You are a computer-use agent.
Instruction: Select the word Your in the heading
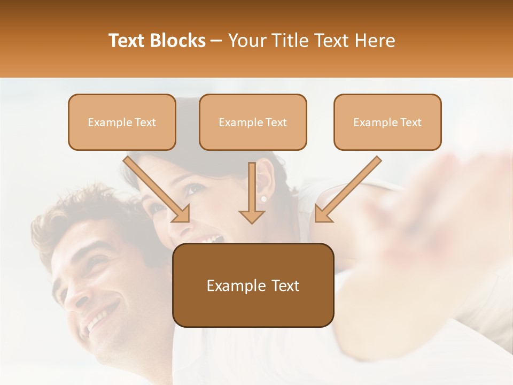tap(247, 41)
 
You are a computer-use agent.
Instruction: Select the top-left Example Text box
tap(122, 122)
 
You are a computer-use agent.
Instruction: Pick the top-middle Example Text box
tap(253, 122)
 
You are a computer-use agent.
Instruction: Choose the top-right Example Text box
tap(387, 122)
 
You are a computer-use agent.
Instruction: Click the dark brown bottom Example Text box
tap(253, 285)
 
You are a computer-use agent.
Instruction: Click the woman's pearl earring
tap(263, 199)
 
